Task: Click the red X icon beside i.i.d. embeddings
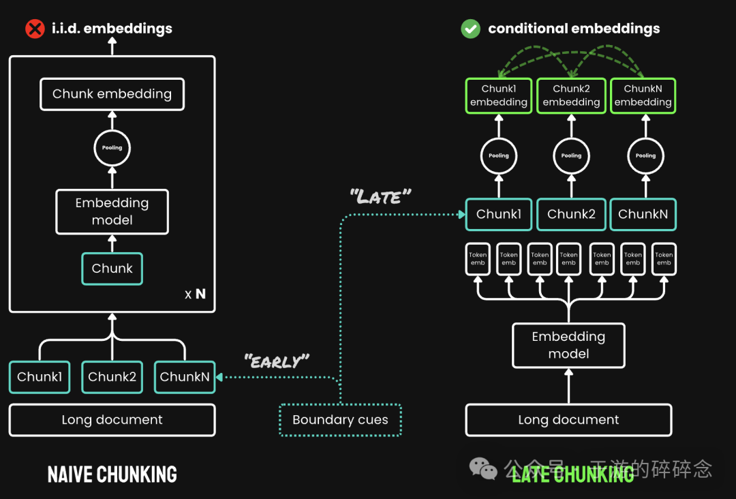[34, 29]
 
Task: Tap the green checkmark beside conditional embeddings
[470, 29]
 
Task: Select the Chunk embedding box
[112, 94]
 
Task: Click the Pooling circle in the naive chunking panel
[112, 147]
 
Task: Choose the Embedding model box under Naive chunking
[112, 211]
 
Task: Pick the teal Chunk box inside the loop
[112, 269]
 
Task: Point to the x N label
[195, 294]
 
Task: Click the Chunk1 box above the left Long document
[40, 377]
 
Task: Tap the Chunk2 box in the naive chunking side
[112, 377]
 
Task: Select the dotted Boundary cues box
[340, 420]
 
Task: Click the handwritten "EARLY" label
[276, 361]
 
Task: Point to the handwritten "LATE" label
[380, 198]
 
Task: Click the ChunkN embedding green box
[643, 95]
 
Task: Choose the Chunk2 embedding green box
[571, 95]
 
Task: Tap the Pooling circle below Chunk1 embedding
[499, 155]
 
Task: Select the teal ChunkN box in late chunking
[643, 214]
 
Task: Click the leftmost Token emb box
[478, 259]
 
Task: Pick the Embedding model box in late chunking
[568, 345]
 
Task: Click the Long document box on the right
[568, 420]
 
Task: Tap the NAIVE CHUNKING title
[112, 474]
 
